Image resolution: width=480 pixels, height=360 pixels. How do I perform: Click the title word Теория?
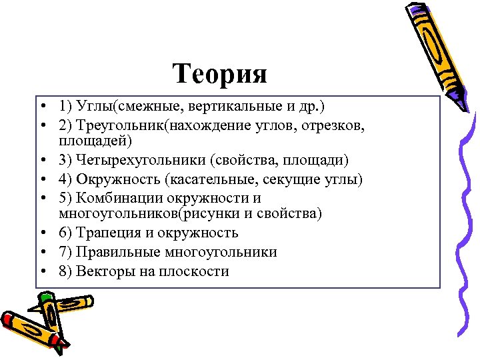click(x=220, y=73)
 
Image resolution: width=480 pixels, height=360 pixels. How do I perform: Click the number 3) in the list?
click(x=65, y=161)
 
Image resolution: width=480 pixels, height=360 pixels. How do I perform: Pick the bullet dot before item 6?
click(x=41, y=233)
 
